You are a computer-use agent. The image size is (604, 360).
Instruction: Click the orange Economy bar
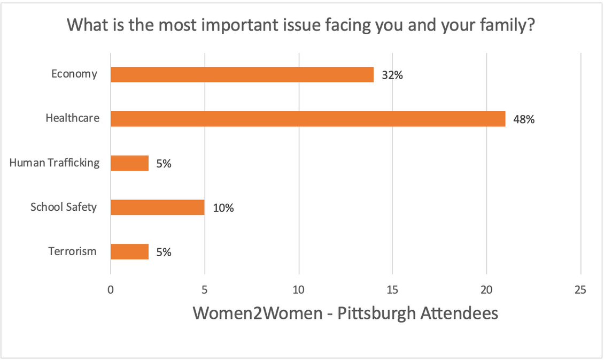tap(242, 74)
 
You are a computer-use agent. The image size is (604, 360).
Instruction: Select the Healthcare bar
tap(307, 119)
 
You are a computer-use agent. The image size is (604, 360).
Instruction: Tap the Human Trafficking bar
tap(129, 163)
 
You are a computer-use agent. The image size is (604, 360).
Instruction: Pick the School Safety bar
tap(157, 208)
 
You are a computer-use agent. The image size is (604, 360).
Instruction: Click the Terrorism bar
tap(129, 251)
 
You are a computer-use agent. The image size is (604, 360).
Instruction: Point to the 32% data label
tap(392, 75)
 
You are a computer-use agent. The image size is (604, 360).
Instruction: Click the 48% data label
tap(524, 119)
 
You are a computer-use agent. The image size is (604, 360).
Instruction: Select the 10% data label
tap(223, 208)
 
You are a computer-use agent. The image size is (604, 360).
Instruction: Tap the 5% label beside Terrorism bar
tap(163, 252)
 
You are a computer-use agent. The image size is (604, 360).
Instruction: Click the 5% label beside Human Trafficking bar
tap(163, 164)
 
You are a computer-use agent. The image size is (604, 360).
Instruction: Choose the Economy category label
tap(74, 74)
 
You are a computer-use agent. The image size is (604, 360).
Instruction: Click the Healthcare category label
tap(72, 118)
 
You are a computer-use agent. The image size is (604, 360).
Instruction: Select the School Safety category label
tap(64, 206)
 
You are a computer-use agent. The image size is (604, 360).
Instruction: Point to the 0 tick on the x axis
tap(111, 290)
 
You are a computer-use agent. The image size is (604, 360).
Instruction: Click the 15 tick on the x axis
tap(392, 290)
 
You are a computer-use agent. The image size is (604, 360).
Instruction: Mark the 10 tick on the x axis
tap(298, 290)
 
